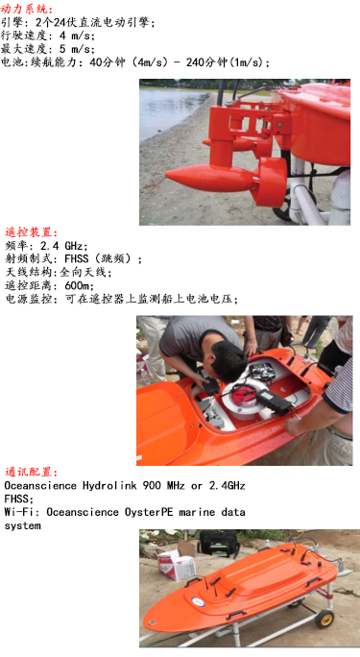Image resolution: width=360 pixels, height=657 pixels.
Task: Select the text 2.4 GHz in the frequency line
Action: [69, 246]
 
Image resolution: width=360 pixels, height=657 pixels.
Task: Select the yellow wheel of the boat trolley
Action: [324, 617]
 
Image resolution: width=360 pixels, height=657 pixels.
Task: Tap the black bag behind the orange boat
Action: [215, 542]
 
